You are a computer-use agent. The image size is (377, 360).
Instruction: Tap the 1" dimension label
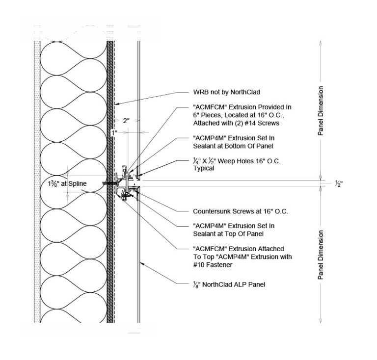pyautogui.click(x=114, y=132)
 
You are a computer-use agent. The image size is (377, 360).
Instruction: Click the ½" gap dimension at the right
pyautogui.click(x=338, y=184)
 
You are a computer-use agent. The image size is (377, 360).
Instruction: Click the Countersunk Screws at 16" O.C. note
pyautogui.click(x=241, y=212)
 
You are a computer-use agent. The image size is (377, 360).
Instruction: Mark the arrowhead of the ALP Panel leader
pyautogui.click(x=141, y=264)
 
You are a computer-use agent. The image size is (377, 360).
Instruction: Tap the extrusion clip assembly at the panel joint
pyautogui.click(x=126, y=184)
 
